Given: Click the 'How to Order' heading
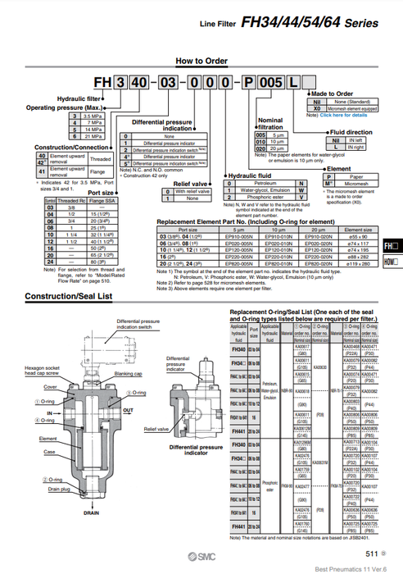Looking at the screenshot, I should (x=201, y=61).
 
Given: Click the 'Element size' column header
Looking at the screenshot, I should (x=358, y=230).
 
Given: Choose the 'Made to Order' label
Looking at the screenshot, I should (x=331, y=94).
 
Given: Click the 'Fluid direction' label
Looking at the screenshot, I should (x=351, y=132).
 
